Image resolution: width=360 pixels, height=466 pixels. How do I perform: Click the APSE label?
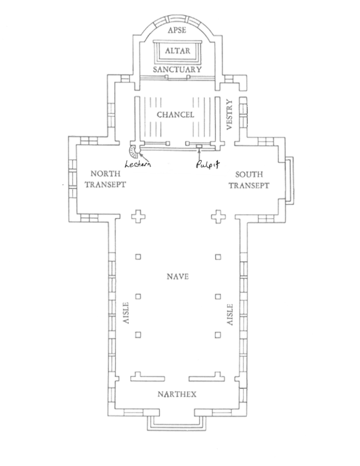[177, 30]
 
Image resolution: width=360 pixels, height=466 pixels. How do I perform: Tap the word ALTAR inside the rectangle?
[177, 51]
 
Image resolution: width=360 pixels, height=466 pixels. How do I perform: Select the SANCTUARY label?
[177, 70]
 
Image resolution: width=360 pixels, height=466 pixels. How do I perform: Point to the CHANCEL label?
[175, 115]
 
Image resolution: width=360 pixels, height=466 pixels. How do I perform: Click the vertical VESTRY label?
[229, 114]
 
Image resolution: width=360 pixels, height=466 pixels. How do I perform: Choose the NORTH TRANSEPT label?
[105, 179]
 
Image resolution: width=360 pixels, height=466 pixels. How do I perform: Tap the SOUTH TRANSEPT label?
[249, 180]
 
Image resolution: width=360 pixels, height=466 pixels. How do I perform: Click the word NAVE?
[177, 277]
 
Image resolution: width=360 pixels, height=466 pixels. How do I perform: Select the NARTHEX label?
[177, 395]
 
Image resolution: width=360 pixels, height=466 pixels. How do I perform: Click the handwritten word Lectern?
[137, 164]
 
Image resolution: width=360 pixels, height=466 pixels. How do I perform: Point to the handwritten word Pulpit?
[208, 164]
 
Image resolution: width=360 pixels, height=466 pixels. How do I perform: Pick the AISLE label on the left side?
[126, 313]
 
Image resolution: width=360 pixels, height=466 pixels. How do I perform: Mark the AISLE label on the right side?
[230, 314]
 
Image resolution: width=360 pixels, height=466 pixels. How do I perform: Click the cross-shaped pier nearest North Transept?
[138, 216]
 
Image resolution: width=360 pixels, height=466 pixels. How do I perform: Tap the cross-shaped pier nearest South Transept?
[218, 216]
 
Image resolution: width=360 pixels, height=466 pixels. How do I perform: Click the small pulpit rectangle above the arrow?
[198, 146]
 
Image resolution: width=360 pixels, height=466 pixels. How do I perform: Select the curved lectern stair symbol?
[133, 152]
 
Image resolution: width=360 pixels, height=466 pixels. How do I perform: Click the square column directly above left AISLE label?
[138, 296]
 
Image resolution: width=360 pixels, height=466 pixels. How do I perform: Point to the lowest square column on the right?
[218, 335]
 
